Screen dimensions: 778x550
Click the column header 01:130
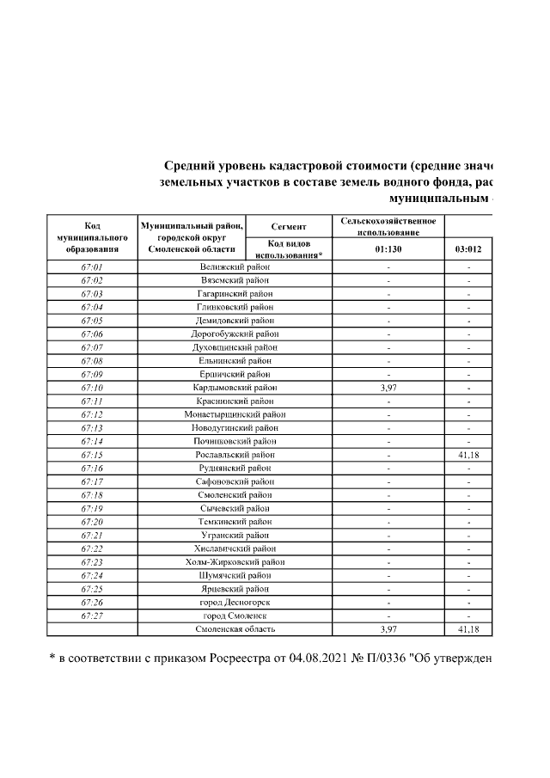(x=388, y=250)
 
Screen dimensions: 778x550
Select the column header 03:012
(x=468, y=250)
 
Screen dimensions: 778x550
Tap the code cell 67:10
(x=92, y=388)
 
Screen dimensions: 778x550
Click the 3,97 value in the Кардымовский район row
(x=388, y=388)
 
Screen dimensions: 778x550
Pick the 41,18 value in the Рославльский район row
(x=468, y=455)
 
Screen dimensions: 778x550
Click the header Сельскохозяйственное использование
(x=388, y=226)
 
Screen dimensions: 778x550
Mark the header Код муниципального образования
(x=92, y=237)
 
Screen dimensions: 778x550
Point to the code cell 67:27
(x=92, y=616)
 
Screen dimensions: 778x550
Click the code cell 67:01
(x=92, y=267)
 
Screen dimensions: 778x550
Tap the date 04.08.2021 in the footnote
(x=297, y=659)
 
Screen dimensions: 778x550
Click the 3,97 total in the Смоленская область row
(x=388, y=630)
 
